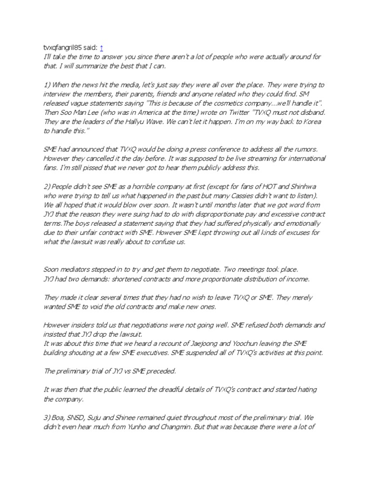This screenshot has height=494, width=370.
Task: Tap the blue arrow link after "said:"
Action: click(101, 47)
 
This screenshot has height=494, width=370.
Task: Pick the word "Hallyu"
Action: click(129, 121)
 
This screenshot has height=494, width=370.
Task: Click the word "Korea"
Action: click(310, 121)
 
